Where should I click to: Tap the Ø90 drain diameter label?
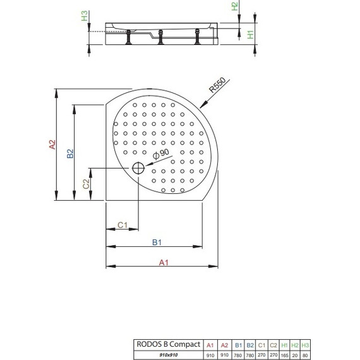coord(161,156)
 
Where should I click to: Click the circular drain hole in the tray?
coord(139,168)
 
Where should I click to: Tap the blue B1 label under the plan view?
coord(157,242)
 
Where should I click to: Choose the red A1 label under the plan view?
coord(162,261)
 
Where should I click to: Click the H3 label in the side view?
coord(85,16)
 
